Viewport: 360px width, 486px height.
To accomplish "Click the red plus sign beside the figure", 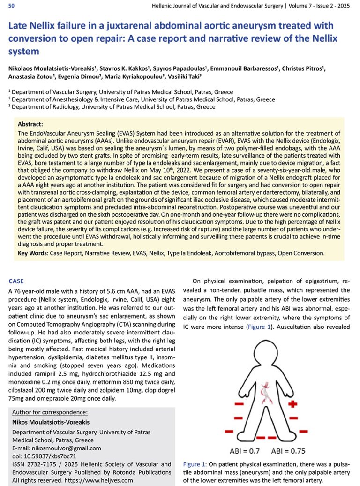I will (x=293, y=403).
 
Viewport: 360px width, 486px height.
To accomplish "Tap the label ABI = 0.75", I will (x=288, y=451).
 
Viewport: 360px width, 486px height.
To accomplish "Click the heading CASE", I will (x=16, y=281).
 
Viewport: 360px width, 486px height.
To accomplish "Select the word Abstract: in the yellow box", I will (x=30, y=124).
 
